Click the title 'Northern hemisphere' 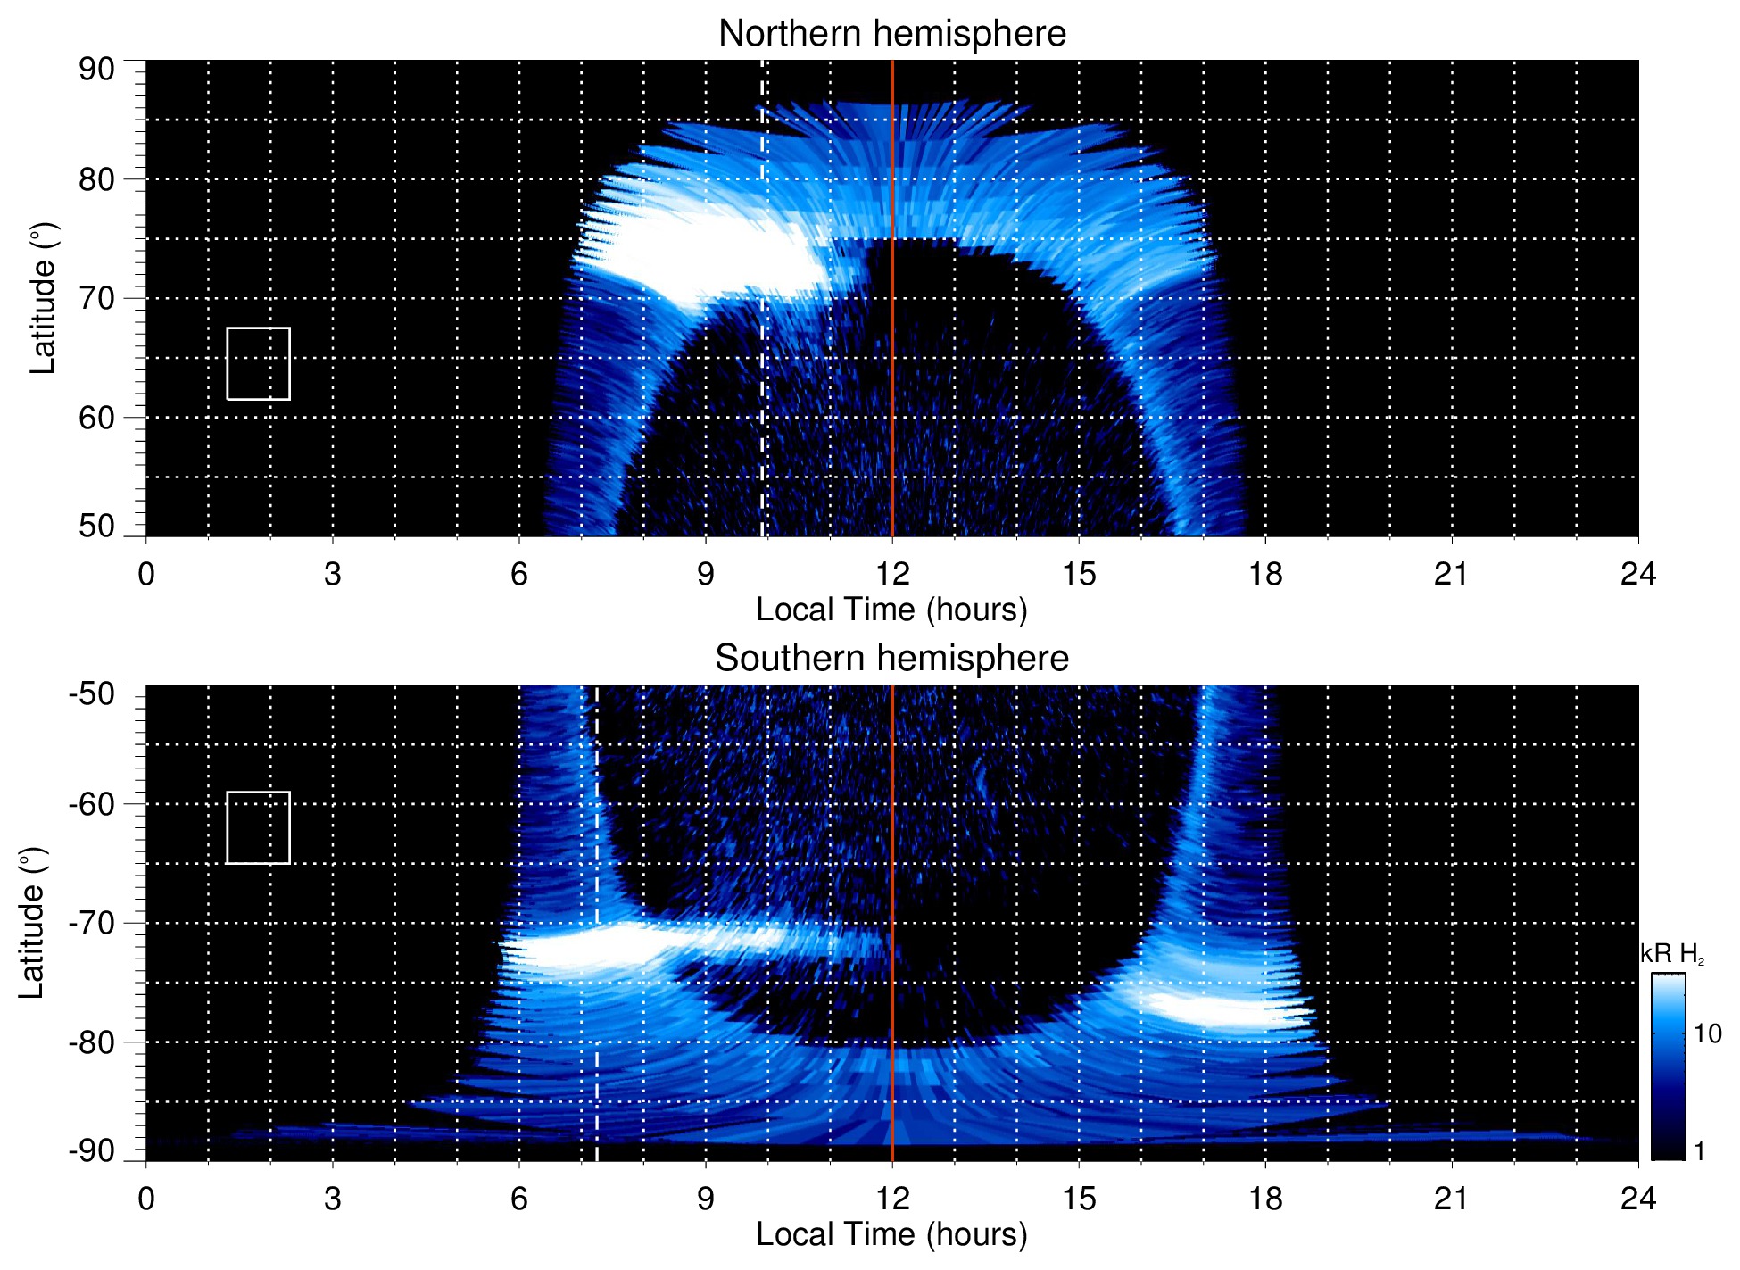click(x=891, y=34)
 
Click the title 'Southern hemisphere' click(x=891, y=659)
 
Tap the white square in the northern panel click(x=258, y=363)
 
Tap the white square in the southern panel click(x=258, y=827)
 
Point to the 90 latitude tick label click(x=96, y=70)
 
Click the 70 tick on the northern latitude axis click(x=96, y=299)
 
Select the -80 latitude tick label click(x=92, y=1042)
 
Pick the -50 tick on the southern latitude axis click(x=92, y=693)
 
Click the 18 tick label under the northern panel click(x=1264, y=574)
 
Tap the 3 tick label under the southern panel click(x=333, y=1199)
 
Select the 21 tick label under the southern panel click(x=1451, y=1199)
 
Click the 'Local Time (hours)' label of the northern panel click(x=891, y=610)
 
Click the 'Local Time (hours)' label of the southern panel click(x=891, y=1234)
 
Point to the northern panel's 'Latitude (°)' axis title click(x=43, y=299)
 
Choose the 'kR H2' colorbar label click(x=1671, y=954)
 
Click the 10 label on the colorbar click(x=1707, y=1033)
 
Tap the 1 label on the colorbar click(x=1699, y=1150)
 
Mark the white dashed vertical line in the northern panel click(x=761, y=402)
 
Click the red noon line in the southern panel click(x=892, y=848)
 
